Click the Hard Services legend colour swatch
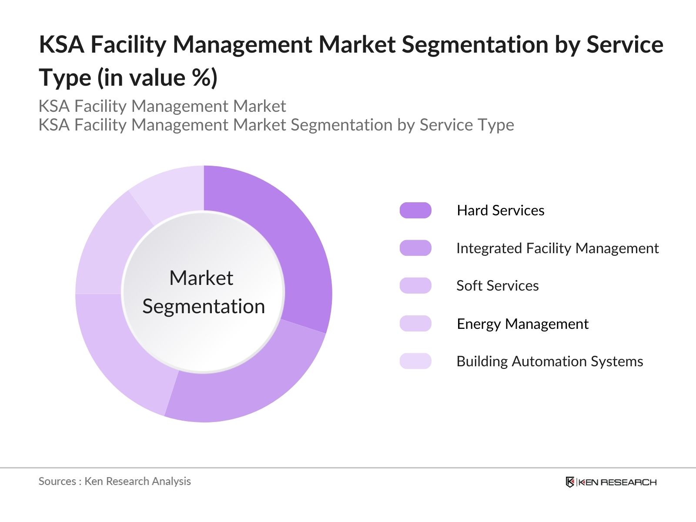tap(415, 210)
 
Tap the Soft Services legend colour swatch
tap(415, 285)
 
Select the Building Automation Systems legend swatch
tap(415, 361)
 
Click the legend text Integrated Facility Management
tap(557, 248)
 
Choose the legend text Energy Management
tap(522, 324)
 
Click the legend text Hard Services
tap(500, 210)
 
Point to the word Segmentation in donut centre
tap(204, 306)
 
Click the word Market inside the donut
tap(201, 278)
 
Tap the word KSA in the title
tap(61, 44)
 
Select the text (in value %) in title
tap(157, 78)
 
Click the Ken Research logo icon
tap(570, 482)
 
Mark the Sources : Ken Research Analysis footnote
tap(114, 481)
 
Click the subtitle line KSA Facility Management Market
tap(162, 106)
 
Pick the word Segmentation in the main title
tap(475, 44)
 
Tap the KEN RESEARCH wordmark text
tap(617, 482)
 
